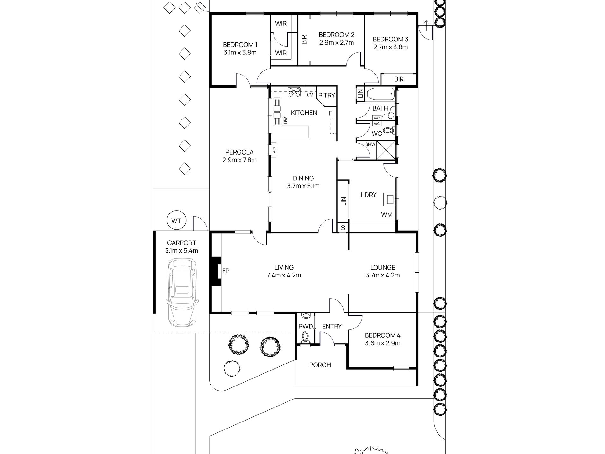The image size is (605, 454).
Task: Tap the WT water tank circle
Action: pos(176,220)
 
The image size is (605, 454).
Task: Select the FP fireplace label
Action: pos(226,271)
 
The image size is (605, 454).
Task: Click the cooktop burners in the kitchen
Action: pos(294,92)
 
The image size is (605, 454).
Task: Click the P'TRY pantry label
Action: pos(327,95)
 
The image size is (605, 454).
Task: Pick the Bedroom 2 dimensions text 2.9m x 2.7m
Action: pos(337,42)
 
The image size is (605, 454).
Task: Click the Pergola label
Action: pos(239,152)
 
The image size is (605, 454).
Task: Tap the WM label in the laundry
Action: pos(387,214)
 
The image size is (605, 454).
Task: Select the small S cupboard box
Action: pos(343,227)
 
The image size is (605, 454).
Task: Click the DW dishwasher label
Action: pos(286,121)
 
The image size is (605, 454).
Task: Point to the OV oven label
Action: pos(310,95)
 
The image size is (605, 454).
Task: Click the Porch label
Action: pos(320,365)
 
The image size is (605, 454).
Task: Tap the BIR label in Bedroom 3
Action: pos(399,79)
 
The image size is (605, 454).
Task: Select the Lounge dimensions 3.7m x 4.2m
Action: pos(382,275)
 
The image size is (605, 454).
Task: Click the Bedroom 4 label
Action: pos(382,335)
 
